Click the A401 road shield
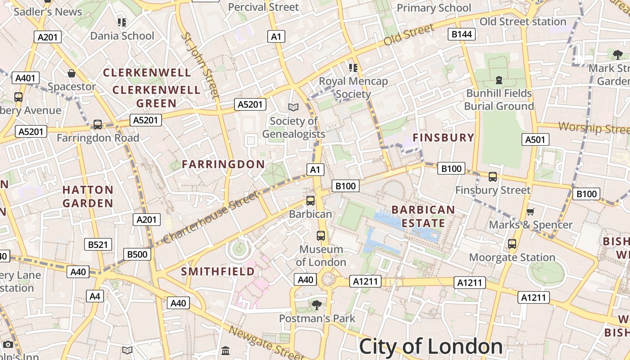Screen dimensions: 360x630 (x=25, y=78)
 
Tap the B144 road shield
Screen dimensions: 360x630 (x=462, y=34)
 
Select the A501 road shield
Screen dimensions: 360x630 (x=535, y=139)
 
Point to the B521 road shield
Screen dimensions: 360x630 (x=98, y=244)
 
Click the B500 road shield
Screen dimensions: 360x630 (x=137, y=254)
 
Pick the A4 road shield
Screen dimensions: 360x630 (x=94, y=296)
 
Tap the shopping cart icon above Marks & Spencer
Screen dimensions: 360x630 (x=531, y=211)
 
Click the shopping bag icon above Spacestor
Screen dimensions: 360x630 (x=72, y=73)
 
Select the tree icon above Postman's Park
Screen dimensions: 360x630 (x=317, y=305)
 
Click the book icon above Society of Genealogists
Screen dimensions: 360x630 (x=293, y=107)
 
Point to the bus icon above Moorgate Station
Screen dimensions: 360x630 (x=512, y=244)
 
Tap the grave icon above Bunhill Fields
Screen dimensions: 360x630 (x=499, y=80)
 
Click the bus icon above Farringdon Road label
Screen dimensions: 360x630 (x=98, y=125)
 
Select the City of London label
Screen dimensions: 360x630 (x=431, y=346)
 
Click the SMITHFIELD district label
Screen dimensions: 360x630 (x=218, y=272)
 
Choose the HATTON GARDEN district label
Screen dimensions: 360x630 (x=88, y=197)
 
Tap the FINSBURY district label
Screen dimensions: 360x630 (x=443, y=138)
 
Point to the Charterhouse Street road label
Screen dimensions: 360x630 (x=211, y=217)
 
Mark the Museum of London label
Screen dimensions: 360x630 (x=321, y=256)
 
